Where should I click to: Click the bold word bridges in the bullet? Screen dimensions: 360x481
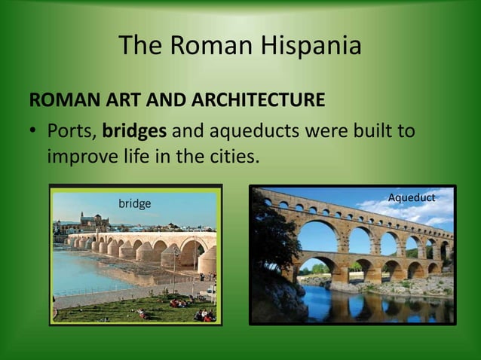(x=135, y=131)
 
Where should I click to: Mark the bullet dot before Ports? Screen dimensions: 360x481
(x=33, y=132)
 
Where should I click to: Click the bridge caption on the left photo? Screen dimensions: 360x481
(x=135, y=203)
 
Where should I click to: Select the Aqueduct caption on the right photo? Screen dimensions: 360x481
(x=412, y=197)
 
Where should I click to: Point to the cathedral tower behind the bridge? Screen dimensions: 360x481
(x=95, y=219)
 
